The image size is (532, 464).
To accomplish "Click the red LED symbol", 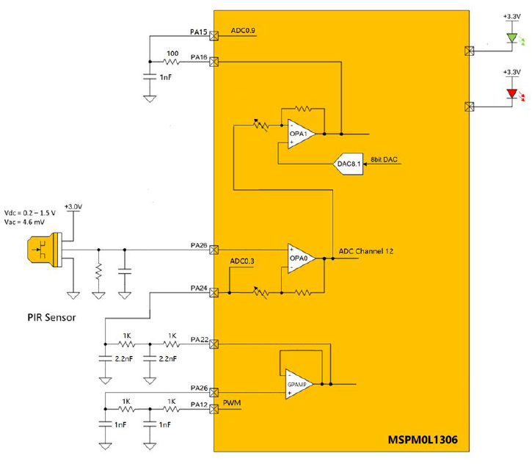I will [512, 94].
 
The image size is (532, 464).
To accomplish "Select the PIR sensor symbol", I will [38, 250].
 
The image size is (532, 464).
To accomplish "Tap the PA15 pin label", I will [199, 32].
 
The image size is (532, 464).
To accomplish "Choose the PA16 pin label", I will [199, 57].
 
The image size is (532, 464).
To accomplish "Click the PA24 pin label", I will [199, 288].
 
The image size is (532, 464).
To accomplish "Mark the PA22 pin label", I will [199, 339].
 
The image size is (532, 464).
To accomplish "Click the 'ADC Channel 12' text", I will [366, 251].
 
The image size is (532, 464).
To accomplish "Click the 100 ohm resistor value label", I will [172, 53].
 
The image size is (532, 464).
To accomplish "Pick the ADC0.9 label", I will [242, 31].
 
